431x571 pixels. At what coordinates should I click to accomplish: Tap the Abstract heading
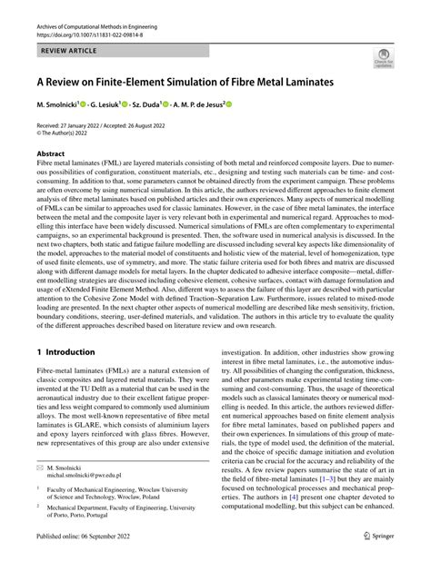[50, 155]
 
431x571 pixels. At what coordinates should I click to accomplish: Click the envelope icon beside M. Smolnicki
[41, 491]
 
